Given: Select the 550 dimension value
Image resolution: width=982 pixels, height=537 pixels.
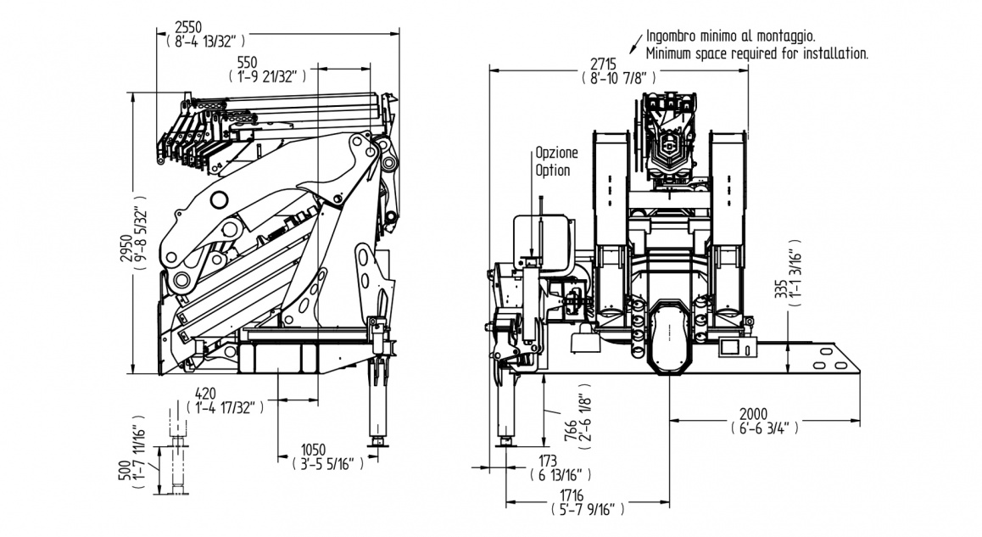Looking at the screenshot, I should pyautogui.click(x=247, y=62).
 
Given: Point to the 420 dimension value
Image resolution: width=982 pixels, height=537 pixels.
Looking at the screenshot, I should pyautogui.click(x=205, y=394).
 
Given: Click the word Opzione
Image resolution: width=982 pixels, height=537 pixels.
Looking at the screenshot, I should pyautogui.click(x=555, y=154).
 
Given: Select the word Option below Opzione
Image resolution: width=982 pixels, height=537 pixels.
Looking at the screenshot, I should pyautogui.click(x=552, y=170).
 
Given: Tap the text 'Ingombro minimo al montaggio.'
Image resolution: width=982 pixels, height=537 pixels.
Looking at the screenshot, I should pyautogui.click(x=730, y=36).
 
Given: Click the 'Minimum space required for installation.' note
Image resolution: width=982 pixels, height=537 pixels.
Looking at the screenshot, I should pyautogui.click(x=756, y=53).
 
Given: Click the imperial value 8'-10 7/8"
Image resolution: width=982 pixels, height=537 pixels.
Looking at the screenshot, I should pyautogui.click(x=620, y=78).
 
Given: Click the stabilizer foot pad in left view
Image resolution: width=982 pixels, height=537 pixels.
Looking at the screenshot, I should pyautogui.click(x=374, y=441).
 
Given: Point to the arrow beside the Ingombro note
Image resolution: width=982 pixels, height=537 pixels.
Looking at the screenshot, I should pyautogui.click(x=635, y=42).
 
